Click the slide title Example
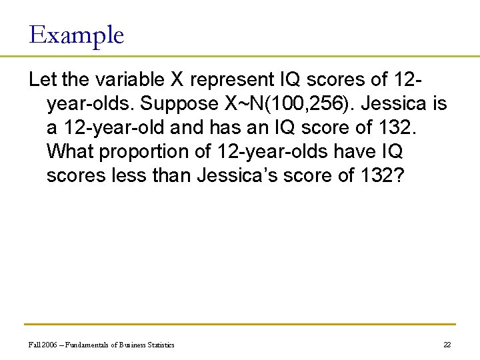click(x=77, y=35)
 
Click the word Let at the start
click(x=42, y=80)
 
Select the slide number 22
click(x=447, y=345)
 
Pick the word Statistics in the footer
click(x=159, y=345)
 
